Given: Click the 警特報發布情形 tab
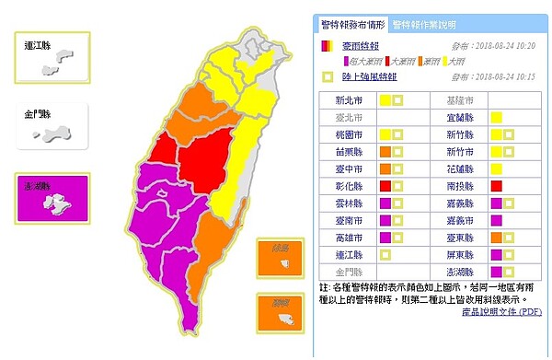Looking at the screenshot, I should click(351, 24).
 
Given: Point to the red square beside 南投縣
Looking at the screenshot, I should click(496, 187).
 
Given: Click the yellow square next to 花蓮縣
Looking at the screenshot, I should click(496, 169).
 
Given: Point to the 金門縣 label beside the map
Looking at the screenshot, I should click(37, 116).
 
